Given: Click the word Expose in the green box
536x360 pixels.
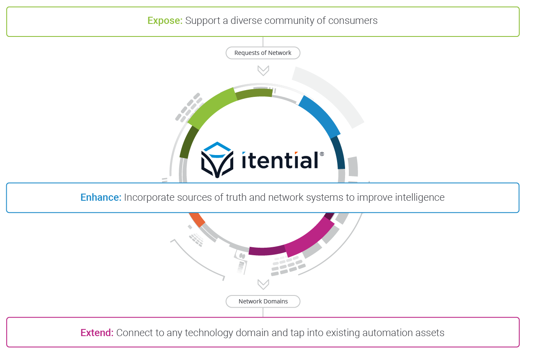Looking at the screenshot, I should tap(165, 21).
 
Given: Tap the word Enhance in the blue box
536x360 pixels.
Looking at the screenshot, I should tap(100, 197).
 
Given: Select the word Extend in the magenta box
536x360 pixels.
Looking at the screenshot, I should tap(97, 333).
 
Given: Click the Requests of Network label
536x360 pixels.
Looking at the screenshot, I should tap(263, 53).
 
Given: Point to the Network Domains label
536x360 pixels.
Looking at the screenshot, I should tap(263, 301).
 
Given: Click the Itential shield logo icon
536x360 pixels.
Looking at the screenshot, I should tap(217, 160).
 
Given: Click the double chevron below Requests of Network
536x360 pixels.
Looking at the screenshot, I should tap(263, 70).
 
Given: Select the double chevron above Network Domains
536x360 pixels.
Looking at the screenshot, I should tap(263, 285).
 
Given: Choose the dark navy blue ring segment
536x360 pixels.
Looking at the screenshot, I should tap(339, 153).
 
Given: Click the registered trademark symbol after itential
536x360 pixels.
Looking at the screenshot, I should tap(322, 154).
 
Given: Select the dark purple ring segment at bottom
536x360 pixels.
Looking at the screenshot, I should tap(267, 251).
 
